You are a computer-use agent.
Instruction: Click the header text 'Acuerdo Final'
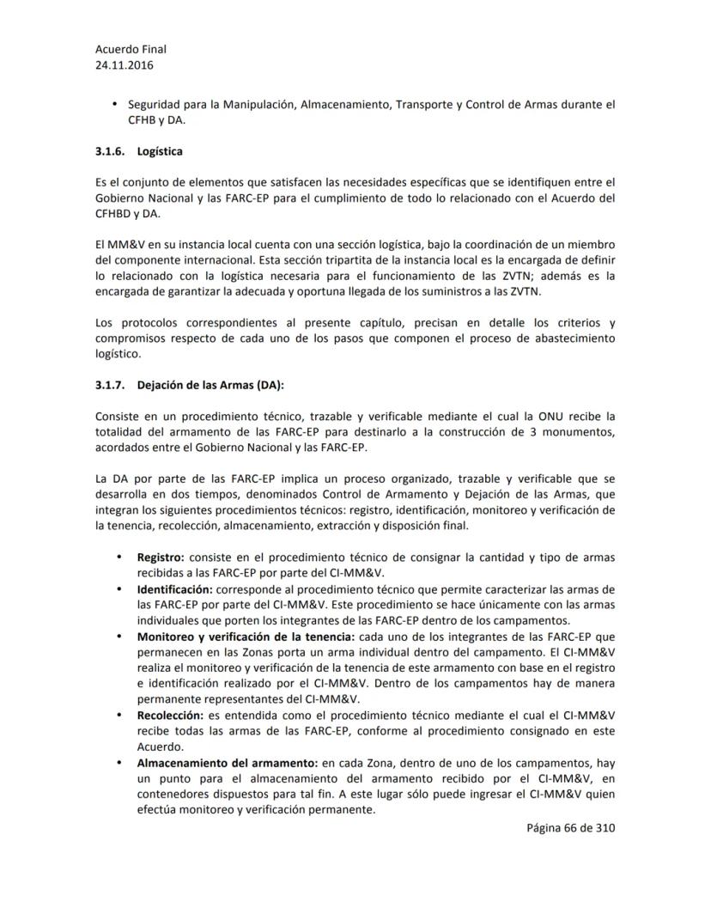click(131, 50)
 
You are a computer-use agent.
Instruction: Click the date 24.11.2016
click(125, 64)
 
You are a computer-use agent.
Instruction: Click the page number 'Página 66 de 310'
click(571, 828)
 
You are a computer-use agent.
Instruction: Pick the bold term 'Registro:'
click(161, 557)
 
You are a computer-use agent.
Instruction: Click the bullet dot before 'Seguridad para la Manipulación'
click(115, 105)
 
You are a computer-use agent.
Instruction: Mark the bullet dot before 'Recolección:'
click(118, 714)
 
